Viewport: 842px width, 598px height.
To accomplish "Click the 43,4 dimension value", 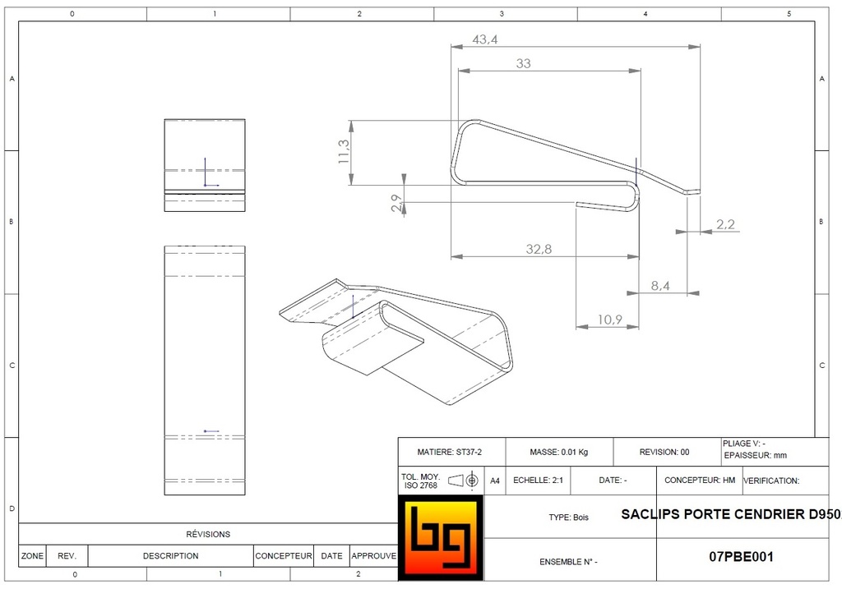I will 485,39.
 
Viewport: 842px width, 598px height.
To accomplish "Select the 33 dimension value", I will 524,63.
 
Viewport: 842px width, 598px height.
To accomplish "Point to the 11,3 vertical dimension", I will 344,152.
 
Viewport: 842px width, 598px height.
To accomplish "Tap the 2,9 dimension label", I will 396,204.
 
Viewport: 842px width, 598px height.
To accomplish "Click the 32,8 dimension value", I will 539,249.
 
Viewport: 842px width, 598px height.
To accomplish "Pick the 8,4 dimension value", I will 659,285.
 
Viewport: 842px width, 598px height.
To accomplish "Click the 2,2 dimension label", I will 725,224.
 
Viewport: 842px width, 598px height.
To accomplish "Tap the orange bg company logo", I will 440,539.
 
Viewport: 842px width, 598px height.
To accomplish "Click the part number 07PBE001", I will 741,556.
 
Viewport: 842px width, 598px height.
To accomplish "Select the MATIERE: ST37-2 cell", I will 450,452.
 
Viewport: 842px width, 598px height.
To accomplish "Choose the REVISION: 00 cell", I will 664,452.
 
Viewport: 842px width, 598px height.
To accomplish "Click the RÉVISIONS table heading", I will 208,534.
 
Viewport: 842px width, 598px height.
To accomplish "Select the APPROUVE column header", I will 374,556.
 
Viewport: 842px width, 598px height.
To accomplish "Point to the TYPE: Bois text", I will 569,517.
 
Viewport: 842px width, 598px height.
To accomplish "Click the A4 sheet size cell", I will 494,481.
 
